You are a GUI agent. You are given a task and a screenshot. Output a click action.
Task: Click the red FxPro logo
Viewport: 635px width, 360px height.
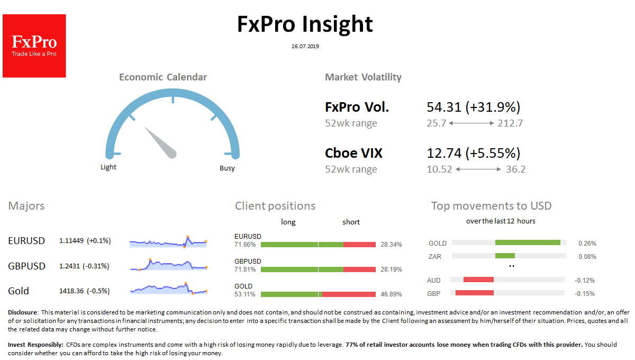[34, 46]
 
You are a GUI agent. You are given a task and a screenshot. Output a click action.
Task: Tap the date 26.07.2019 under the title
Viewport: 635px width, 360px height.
[305, 46]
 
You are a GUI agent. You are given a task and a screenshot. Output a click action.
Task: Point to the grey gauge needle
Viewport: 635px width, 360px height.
[160, 142]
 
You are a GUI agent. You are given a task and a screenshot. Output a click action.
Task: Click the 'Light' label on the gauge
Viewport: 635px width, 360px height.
[108, 167]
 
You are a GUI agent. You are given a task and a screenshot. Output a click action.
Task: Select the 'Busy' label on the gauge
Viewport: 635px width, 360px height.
[227, 168]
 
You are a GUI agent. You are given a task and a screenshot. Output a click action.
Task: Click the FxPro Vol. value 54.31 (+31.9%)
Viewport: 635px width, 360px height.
[474, 107]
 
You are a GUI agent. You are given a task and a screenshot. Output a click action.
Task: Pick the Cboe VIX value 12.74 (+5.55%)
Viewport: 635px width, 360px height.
[474, 153]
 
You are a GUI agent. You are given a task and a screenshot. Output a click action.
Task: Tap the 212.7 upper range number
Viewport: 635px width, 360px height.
[510, 123]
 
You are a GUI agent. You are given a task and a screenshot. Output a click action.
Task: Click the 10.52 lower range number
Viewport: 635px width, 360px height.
[439, 169]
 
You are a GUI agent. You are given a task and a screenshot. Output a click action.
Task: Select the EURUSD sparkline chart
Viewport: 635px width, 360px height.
[168, 242]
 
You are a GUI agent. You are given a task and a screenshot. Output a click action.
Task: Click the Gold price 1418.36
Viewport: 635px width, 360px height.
[71, 291]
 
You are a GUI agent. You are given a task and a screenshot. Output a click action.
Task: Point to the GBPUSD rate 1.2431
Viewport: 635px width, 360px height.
[69, 266]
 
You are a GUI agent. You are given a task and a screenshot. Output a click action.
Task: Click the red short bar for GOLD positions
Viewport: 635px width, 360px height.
[349, 294]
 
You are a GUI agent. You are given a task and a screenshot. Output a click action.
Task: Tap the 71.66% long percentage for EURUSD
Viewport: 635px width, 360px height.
[245, 244]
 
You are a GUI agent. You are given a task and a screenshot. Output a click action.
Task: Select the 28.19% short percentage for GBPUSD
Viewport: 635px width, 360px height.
[391, 269]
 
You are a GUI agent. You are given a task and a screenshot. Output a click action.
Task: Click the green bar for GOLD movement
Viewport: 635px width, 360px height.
[528, 242]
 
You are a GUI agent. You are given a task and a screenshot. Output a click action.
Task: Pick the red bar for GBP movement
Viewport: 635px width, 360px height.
[475, 293]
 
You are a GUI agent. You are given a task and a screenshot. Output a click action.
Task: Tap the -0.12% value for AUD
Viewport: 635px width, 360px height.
[585, 280]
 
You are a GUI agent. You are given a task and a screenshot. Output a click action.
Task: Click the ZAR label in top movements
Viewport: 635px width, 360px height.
[435, 256]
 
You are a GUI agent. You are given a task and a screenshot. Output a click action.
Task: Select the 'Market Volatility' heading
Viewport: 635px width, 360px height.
[363, 77]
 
